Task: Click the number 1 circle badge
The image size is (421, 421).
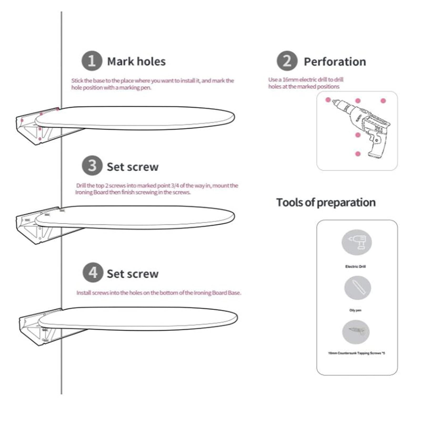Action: click(92, 61)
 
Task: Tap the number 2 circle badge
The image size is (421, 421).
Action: click(287, 61)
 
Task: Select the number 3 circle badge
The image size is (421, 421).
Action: click(92, 166)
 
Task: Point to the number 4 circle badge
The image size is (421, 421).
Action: click(93, 273)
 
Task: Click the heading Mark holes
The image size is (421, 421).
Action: click(136, 62)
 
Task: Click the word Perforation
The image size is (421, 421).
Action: click(335, 62)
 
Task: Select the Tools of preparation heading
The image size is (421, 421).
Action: click(326, 202)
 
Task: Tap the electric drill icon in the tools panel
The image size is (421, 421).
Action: click(357, 242)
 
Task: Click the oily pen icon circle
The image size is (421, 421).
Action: click(358, 288)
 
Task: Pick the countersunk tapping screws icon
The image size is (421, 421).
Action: click(356, 332)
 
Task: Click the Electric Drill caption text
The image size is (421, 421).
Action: click(355, 267)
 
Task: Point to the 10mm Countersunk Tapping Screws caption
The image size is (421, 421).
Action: click(356, 353)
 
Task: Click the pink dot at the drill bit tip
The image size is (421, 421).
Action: click(328, 100)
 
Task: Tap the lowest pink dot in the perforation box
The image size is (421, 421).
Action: click(358, 154)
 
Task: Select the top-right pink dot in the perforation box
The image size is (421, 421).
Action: click(383, 101)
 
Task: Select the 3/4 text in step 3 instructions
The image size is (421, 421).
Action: click(175, 186)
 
